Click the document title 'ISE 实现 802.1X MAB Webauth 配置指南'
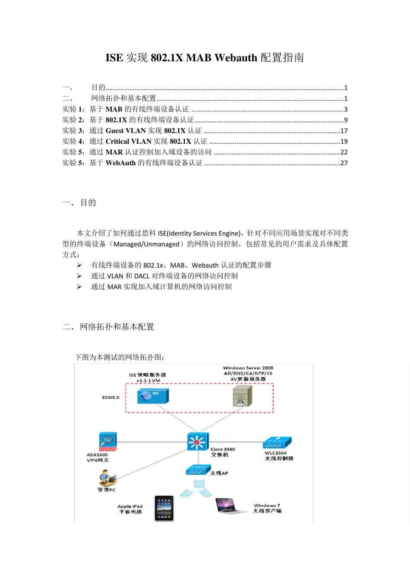[x=205, y=58]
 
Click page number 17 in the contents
[x=344, y=131]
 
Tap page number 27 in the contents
[x=344, y=163]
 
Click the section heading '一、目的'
[x=79, y=203]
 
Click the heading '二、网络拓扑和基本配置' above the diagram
[x=108, y=327]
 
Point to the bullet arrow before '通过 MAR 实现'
[x=79, y=287]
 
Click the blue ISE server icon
[x=152, y=396]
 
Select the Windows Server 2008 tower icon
[x=242, y=396]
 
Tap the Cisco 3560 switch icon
[x=198, y=442]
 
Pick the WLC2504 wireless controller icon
[x=277, y=443]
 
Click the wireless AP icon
[x=198, y=470]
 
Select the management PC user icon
[x=107, y=478]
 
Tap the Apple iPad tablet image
[x=164, y=508]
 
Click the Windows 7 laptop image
[x=231, y=506]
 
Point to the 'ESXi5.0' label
[x=111, y=397]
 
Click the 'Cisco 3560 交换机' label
[x=223, y=452]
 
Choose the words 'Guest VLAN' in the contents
[x=126, y=131]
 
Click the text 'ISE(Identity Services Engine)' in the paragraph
[x=199, y=233]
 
